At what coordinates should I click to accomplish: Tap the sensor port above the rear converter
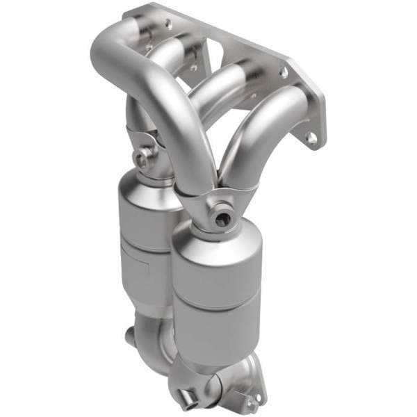[x=142, y=159]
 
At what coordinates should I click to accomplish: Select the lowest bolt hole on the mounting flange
[x=312, y=138]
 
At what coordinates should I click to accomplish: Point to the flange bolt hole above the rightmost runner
[x=284, y=72]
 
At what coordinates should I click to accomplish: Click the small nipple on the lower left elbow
[x=129, y=336]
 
